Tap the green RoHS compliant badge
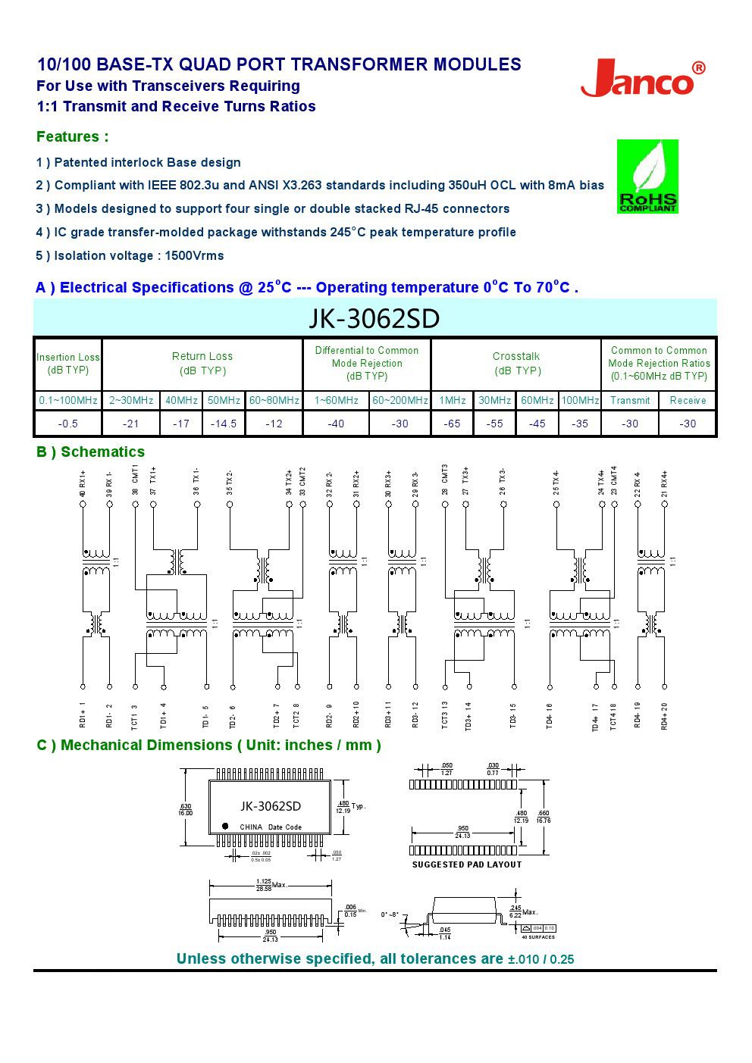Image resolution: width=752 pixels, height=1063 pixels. [x=647, y=176]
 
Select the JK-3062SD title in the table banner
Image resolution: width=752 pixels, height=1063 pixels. [x=374, y=318]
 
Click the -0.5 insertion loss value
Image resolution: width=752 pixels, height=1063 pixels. [x=67, y=424]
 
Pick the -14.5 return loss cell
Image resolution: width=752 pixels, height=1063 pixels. [x=223, y=424]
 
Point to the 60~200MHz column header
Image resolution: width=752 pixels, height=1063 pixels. [x=399, y=400]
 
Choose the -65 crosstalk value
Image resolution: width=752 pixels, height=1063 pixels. [x=452, y=424]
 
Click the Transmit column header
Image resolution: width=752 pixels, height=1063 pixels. [x=629, y=400]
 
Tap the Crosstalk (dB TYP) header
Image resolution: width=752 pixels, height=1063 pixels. [x=516, y=363]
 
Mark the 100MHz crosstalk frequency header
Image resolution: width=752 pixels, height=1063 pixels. [x=580, y=400]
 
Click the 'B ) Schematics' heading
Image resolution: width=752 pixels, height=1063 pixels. [x=90, y=452]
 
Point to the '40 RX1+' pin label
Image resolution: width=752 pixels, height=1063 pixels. [x=83, y=483]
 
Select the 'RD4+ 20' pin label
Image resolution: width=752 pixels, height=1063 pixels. [x=665, y=716]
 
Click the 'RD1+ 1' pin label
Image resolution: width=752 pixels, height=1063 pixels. [x=83, y=714]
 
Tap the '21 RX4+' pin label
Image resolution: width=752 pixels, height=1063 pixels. [x=665, y=483]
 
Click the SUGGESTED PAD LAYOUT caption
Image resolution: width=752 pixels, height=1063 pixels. [x=466, y=864]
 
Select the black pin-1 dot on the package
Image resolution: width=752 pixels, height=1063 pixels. [x=225, y=826]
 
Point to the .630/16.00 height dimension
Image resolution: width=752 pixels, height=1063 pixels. [x=185, y=809]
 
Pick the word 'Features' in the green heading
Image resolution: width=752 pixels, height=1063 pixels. [x=67, y=136]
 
